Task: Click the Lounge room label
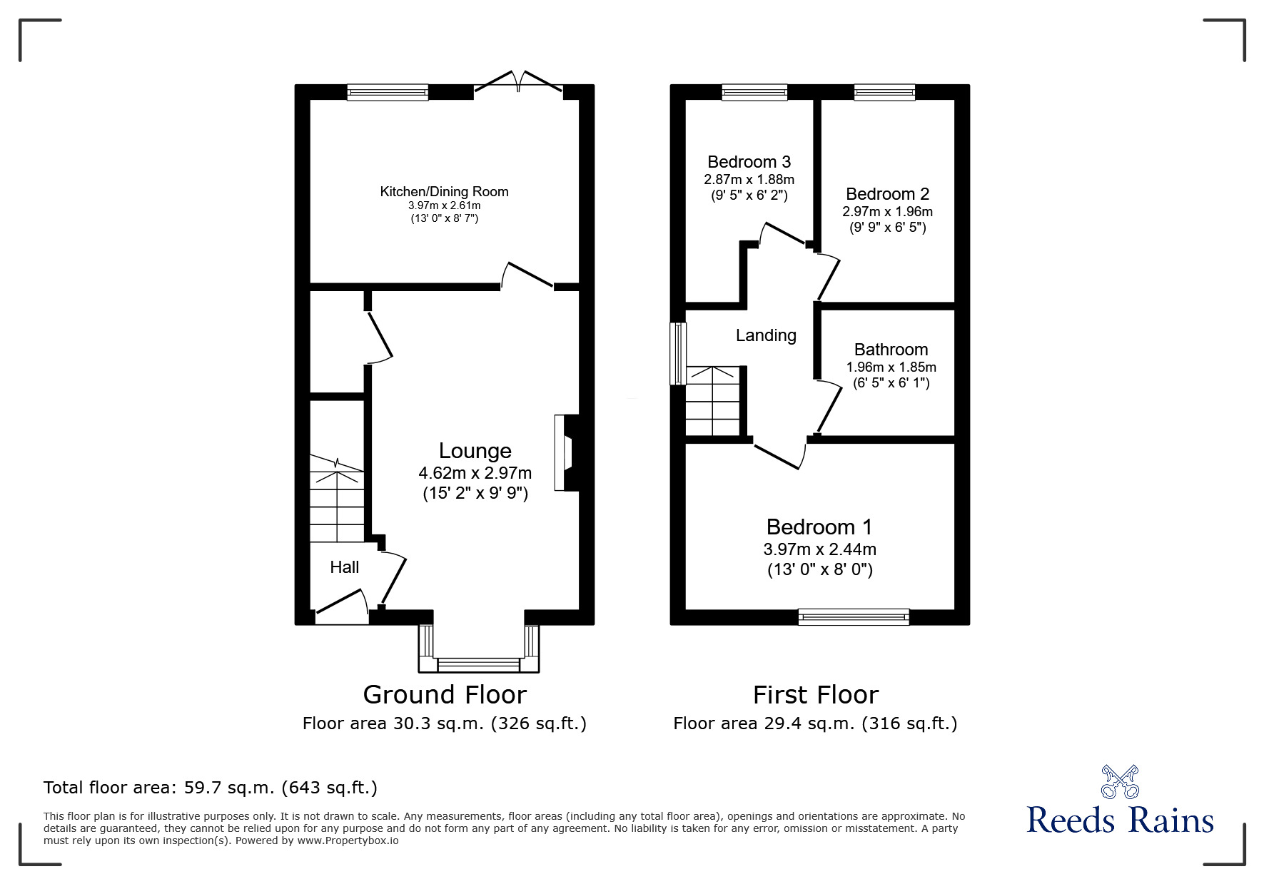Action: [475, 451]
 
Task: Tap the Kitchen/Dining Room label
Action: [444, 191]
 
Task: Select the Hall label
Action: [344, 567]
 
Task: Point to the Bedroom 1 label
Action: [819, 527]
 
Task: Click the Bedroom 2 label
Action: [887, 194]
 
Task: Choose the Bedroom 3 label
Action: [749, 162]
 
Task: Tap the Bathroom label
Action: [891, 350]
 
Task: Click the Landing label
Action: [766, 335]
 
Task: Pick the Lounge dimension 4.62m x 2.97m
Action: [475, 473]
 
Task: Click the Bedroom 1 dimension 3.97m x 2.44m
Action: [819, 549]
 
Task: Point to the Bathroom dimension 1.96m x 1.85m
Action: [891, 367]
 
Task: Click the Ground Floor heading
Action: [445, 694]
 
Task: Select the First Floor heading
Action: [816, 694]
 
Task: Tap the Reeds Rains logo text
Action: [1120, 820]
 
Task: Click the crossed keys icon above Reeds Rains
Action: [1120, 781]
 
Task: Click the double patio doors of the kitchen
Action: [519, 82]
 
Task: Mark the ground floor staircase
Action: [337, 499]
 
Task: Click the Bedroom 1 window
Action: [854, 616]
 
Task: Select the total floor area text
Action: [211, 788]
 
